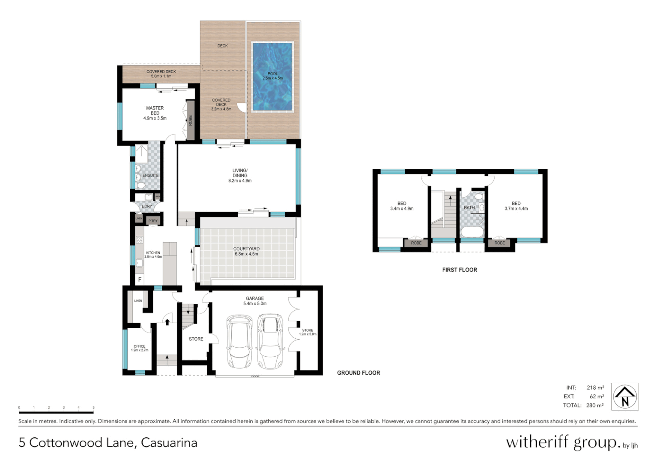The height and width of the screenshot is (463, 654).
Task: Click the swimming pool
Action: (x=272, y=76)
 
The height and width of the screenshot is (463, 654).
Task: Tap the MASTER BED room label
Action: (x=155, y=111)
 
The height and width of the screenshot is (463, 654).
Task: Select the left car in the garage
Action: (x=239, y=341)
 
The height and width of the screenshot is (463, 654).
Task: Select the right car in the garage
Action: (x=270, y=341)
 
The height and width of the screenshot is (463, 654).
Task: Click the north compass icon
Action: (x=624, y=397)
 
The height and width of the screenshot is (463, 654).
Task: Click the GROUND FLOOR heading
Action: (x=358, y=373)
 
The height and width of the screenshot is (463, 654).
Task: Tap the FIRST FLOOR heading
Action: (x=460, y=270)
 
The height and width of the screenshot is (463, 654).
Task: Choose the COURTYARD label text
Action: (x=246, y=249)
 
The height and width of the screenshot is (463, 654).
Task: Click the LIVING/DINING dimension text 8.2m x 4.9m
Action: (x=240, y=181)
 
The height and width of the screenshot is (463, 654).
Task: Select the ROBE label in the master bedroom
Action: (x=191, y=120)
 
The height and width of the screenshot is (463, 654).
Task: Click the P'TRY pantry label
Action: (x=153, y=221)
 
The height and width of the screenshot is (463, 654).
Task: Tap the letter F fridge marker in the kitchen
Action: (x=140, y=280)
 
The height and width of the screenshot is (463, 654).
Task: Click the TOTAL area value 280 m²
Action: (x=595, y=406)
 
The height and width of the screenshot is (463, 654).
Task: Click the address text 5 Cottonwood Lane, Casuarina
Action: (x=108, y=443)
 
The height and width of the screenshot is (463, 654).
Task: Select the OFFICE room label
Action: (x=140, y=346)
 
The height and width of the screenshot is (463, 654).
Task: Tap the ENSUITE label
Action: (x=150, y=176)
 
